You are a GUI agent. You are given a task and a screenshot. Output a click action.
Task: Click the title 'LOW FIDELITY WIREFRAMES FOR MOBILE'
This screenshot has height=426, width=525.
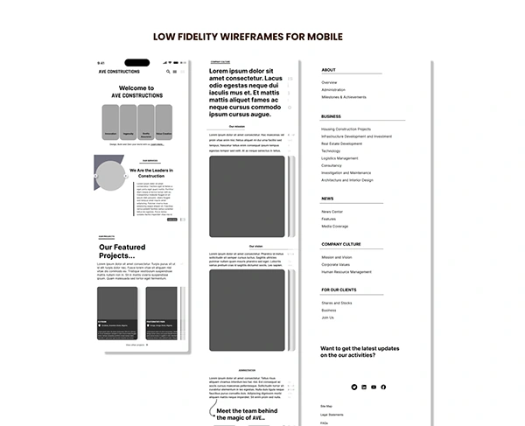point(248,37)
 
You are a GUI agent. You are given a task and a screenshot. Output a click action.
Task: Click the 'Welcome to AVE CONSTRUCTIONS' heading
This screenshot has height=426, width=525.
point(136,91)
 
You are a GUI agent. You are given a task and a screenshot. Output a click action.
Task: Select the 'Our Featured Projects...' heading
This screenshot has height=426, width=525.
point(129,251)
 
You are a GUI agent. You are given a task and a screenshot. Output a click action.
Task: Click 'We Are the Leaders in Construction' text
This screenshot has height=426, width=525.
point(154,172)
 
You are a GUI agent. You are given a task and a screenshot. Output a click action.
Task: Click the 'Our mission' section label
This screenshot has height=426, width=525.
point(237,126)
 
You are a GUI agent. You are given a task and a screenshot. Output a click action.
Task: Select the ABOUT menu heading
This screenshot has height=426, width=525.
point(328,70)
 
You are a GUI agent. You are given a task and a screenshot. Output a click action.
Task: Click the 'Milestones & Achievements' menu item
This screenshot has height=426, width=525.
point(344,97)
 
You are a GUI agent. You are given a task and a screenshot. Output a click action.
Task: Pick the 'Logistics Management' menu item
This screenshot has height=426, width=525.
point(339,158)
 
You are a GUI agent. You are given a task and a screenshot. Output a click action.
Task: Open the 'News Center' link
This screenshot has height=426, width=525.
point(332,212)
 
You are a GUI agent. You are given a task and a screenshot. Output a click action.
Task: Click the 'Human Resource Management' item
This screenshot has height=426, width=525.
point(346,272)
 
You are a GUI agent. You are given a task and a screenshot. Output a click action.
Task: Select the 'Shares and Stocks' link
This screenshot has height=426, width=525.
point(336,303)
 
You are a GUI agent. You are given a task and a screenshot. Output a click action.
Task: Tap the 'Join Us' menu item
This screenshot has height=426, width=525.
point(327,318)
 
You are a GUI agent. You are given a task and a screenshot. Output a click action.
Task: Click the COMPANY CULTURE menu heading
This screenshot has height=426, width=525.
point(340,244)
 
